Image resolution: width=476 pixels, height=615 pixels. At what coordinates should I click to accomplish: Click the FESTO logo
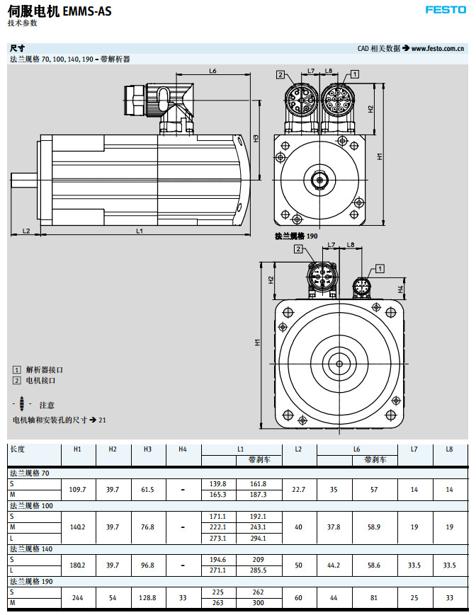click(x=446, y=10)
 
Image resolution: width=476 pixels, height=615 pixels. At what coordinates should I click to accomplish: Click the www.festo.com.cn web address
click(x=437, y=48)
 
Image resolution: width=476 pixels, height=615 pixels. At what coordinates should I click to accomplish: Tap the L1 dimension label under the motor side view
click(x=140, y=231)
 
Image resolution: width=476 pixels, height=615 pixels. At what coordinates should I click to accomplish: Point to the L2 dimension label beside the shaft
click(x=25, y=231)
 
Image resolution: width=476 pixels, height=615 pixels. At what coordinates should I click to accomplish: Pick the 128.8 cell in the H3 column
click(x=147, y=598)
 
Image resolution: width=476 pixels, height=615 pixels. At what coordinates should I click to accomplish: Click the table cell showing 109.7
click(x=78, y=489)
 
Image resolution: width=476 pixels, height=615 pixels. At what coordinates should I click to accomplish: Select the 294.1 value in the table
click(x=259, y=538)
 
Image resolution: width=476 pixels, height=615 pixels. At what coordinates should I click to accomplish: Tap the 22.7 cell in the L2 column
click(x=298, y=489)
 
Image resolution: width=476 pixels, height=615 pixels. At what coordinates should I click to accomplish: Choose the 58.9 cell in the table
click(x=375, y=527)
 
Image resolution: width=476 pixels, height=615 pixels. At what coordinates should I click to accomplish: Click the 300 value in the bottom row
click(x=259, y=603)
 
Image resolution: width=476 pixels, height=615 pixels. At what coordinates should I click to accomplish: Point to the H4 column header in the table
click(x=182, y=449)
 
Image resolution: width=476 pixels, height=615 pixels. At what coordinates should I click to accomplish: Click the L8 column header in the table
click(x=449, y=449)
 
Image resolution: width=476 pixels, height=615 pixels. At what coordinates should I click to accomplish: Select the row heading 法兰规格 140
click(x=32, y=549)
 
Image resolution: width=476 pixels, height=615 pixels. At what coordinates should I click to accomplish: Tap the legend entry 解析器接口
click(x=45, y=369)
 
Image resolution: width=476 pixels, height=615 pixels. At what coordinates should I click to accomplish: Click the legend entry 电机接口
click(x=40, y=380)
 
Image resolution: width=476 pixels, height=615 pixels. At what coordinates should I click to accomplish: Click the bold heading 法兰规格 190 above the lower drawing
click(x=296, y=235)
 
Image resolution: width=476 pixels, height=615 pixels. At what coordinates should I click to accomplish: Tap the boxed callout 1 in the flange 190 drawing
click(x=380, y=268)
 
